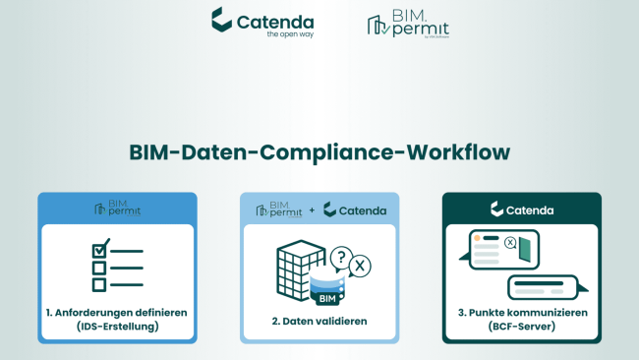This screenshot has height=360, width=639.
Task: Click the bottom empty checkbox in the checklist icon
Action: [98, 284]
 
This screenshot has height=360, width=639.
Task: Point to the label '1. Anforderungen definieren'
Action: [116, 313]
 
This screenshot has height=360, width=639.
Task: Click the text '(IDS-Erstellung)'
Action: [116, 327]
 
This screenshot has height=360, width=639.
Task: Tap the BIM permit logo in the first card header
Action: [116, 208]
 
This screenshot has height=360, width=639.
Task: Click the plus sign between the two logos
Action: [312, 210]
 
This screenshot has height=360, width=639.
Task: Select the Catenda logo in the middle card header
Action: [352, 210]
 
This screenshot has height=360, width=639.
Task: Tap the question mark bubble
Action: [340, 254]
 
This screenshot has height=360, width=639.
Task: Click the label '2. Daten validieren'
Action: [319, 320]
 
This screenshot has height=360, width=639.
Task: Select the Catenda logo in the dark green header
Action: [520, 210]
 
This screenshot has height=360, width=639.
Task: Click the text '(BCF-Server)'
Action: [521, 327]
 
